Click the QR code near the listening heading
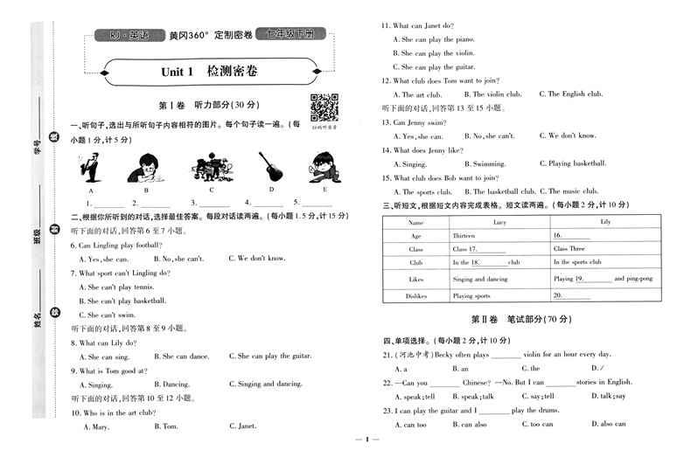coord(324,107)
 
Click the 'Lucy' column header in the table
coord(499,223)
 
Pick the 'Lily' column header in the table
coord(604,223)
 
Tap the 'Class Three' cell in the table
coord(569,249)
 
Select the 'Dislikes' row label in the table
coord(416,296)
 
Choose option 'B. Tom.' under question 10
coord(166,426)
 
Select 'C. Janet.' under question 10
coord(245,426)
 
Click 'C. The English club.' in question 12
coord(573,94)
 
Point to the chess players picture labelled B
coord(146,165)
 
